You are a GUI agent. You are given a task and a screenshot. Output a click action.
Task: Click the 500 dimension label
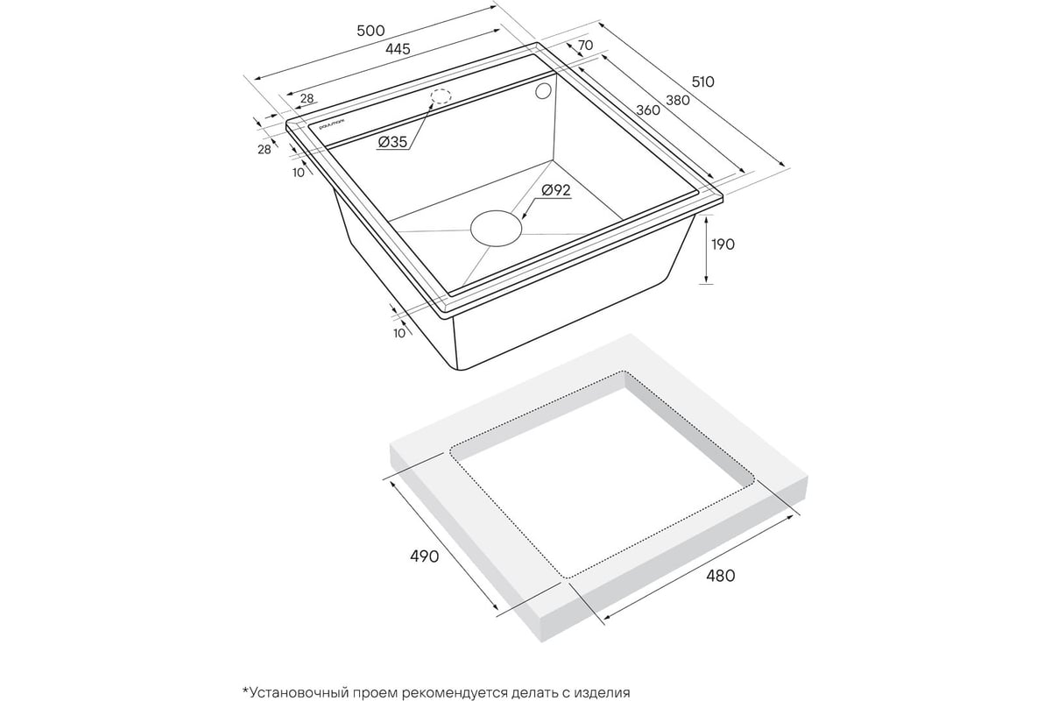pos(370,31)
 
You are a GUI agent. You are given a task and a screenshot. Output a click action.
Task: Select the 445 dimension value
pos(398,49)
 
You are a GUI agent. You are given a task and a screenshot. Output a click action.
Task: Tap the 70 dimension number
pos(585,45)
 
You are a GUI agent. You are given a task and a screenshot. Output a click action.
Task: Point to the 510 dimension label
pos(702,82)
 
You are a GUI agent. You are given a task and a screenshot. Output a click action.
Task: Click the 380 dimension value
pos(678,100)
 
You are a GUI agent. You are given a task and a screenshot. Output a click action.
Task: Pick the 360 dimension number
pos(648,110)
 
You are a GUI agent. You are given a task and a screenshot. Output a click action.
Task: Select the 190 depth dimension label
pos(723,244)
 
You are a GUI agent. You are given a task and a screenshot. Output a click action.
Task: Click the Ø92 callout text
pos(556,190)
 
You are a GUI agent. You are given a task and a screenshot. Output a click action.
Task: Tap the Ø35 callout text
pos(392,142)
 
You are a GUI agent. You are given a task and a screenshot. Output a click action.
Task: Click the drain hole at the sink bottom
pos(496,228)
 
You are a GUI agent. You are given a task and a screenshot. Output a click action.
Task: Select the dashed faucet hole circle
pos(441,96)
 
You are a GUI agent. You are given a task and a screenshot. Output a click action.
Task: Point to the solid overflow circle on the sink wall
pos(543,91)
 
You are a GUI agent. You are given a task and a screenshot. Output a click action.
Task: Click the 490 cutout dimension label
pos(424,556)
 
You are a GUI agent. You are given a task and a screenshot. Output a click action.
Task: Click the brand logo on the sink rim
pos(331,124)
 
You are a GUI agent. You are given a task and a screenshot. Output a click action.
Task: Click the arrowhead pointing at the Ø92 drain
pos(525,216)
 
